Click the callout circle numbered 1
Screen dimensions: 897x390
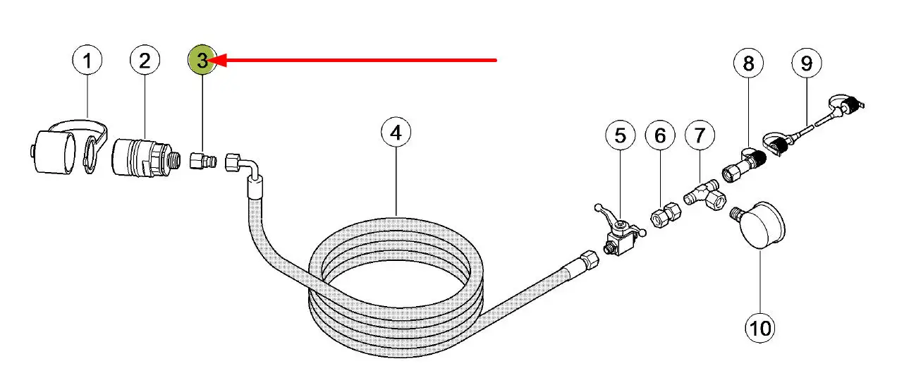[87, 60]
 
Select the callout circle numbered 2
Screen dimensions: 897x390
[145, 60]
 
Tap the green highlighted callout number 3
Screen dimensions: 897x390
[202, 60]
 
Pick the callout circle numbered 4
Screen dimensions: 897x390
[396, 133]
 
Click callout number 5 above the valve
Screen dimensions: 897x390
[621, 135]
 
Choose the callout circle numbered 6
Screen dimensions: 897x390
[660, 135]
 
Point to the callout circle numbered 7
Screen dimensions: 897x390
[700, 135]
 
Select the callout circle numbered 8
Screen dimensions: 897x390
[748, 63]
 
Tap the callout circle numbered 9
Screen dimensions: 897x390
[807, 63]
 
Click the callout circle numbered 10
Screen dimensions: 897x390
[759, 329]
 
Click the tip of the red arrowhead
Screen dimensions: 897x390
[209, 61]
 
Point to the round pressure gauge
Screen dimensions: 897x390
[758, 225]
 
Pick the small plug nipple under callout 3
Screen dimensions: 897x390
[203, 161]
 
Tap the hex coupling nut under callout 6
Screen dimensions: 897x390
[666, 214]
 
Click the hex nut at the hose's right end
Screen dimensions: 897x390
[590, 260]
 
